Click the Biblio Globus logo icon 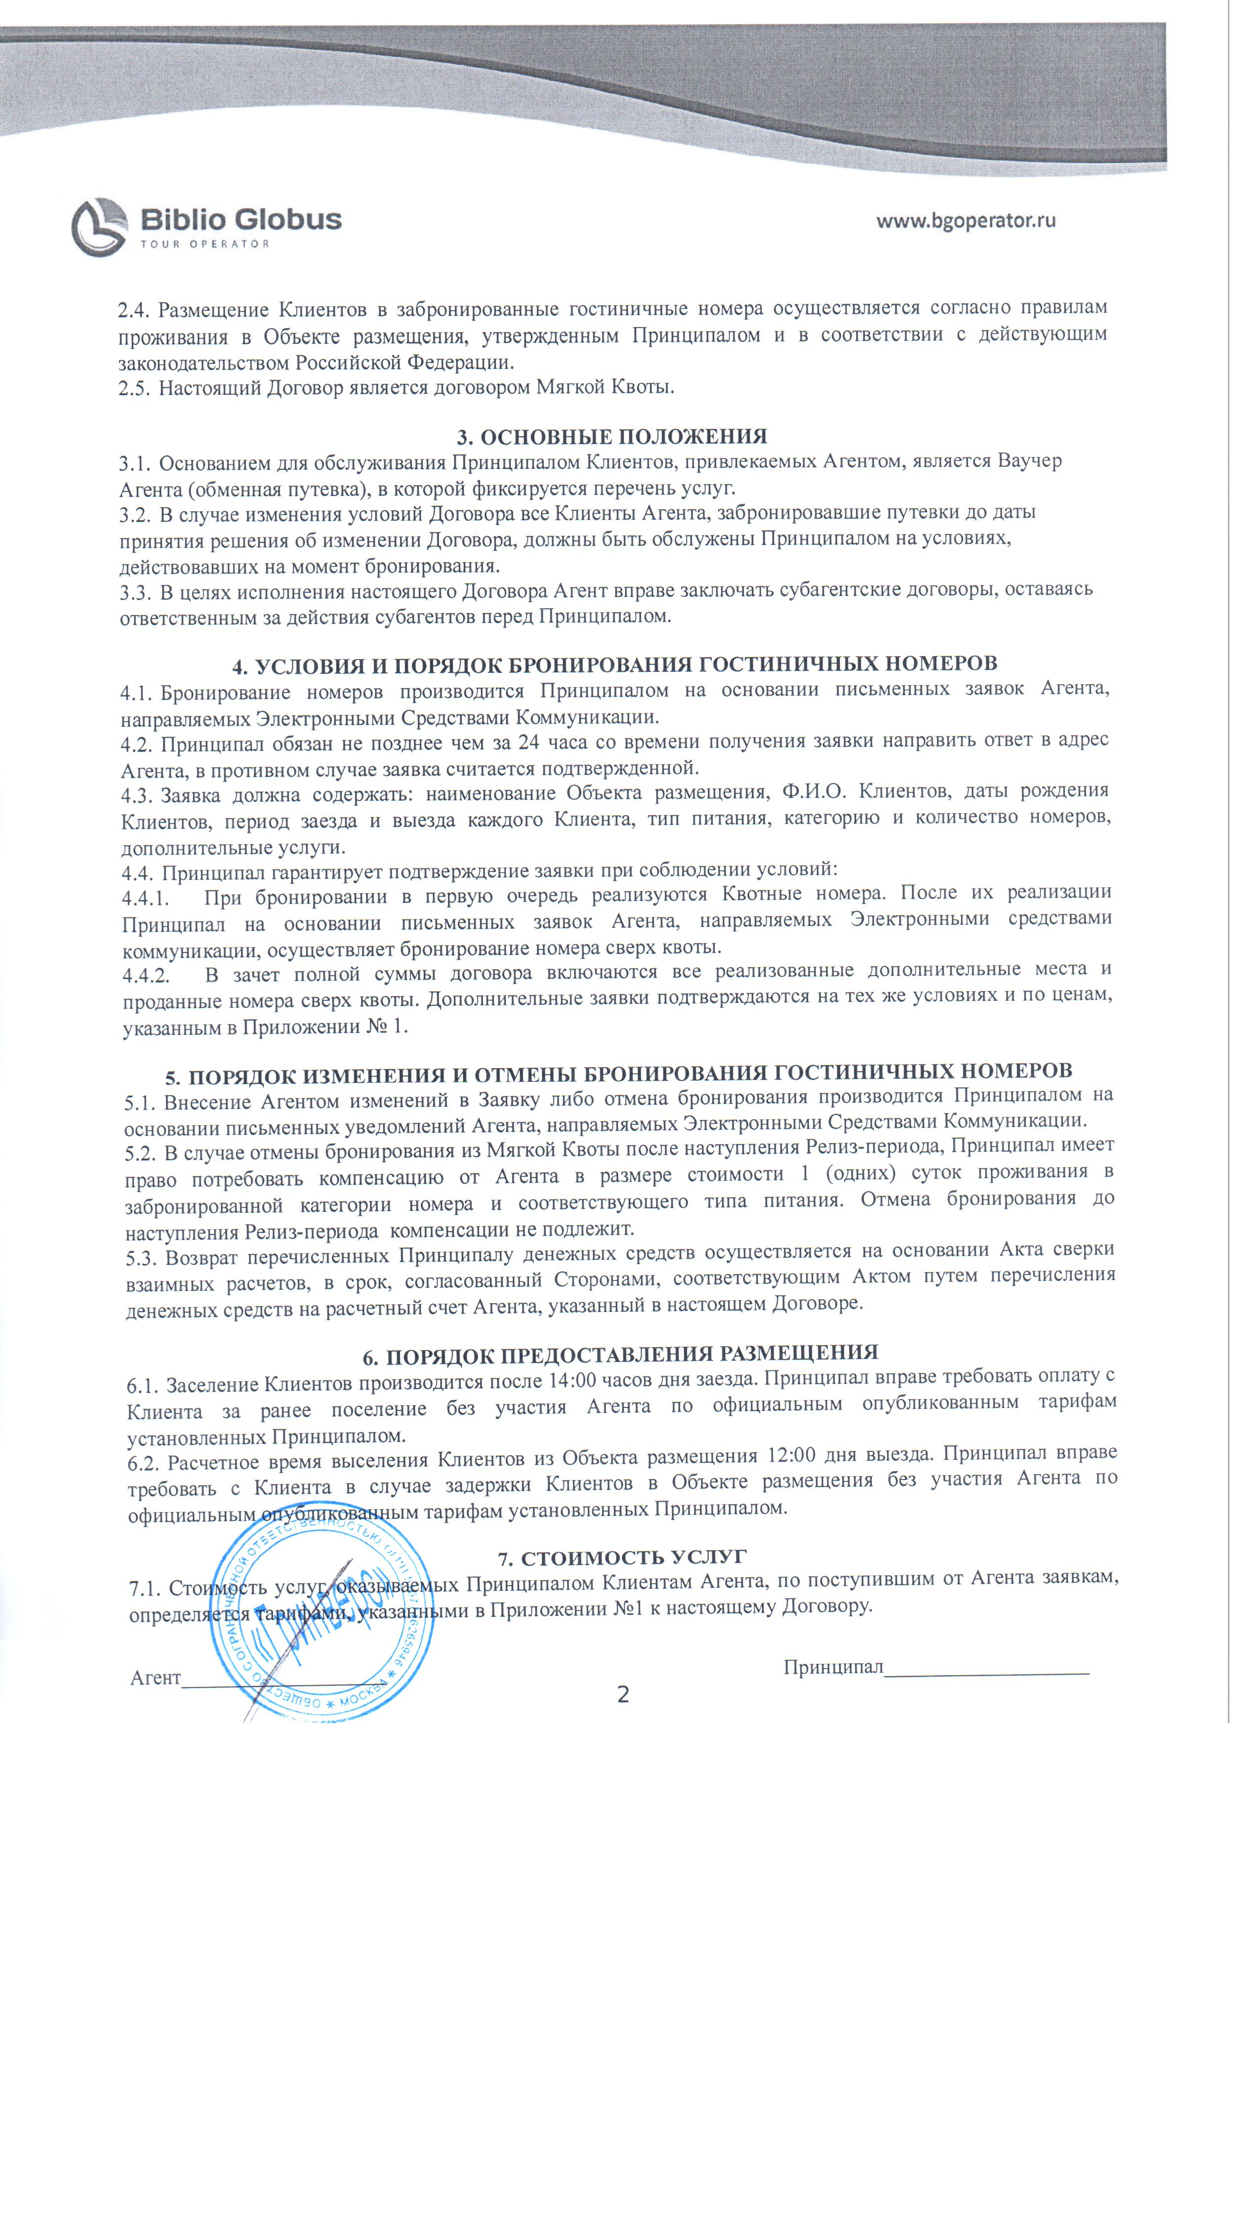pos(99,227)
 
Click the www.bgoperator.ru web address pos(966,220)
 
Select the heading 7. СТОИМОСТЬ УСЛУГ pos(622,1557)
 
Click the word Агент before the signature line pos(156,1678)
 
